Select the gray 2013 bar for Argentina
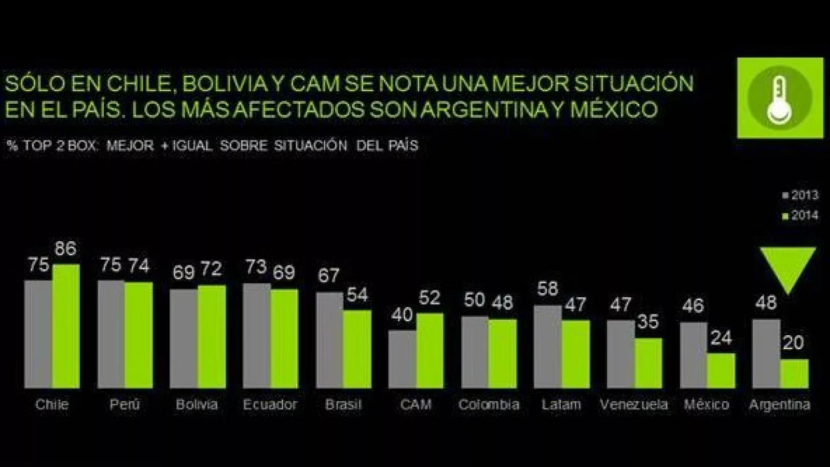[766, 353]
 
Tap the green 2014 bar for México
[721, 370]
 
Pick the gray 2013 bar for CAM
[402, 359]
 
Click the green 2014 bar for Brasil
[357, 349]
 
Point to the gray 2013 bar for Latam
[547, 347]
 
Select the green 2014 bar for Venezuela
[648, 363]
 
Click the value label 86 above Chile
[65, 249]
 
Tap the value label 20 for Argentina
[793, 342]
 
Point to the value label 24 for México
[721, 338]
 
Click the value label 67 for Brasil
[328, 275]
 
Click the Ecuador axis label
[270, 405]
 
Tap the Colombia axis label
[489, 405]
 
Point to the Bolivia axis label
[197, 405]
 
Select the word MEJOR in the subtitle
[130, 146]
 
